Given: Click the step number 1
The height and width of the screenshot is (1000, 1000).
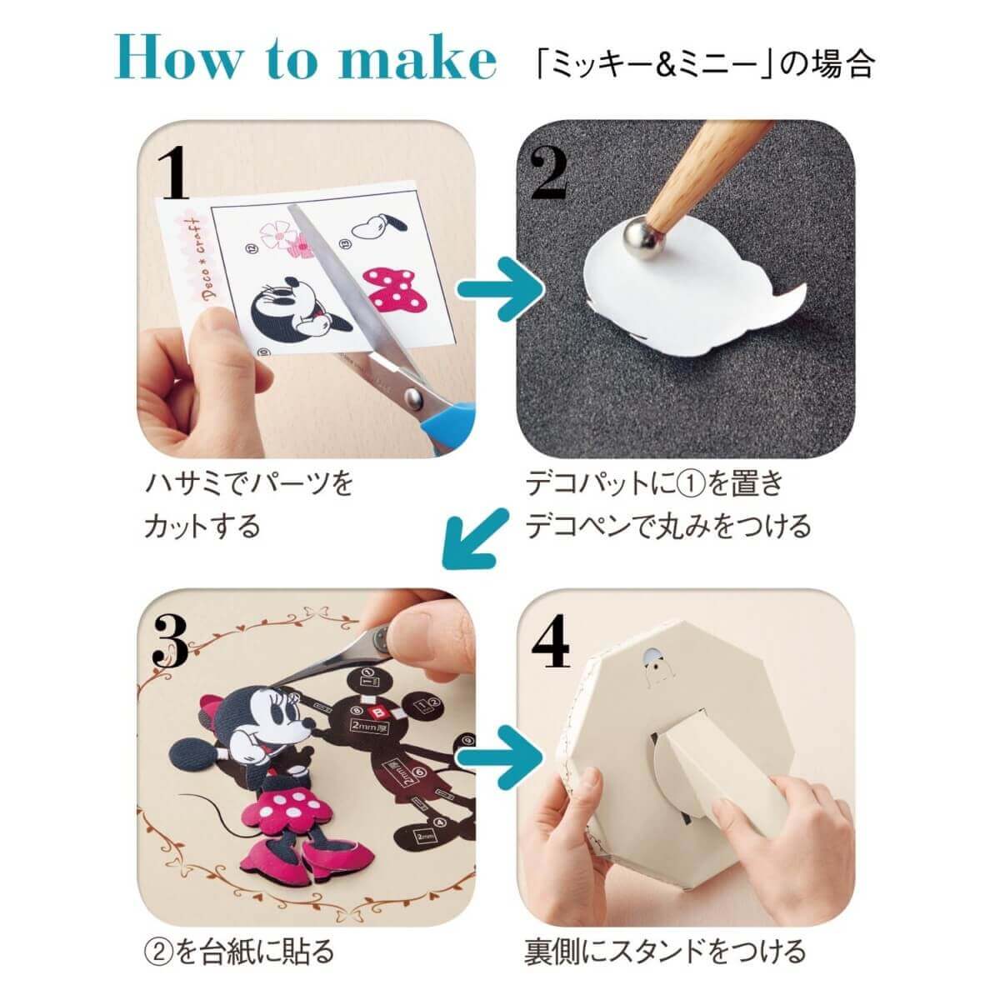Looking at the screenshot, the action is pyautogui.click(x=177, y=175).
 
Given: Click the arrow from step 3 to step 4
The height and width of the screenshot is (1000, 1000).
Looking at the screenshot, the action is pyautogui.click(x=501, y=759).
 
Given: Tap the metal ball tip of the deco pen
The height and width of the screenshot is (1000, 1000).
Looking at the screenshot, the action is pyautogui.click(x=642, y=233).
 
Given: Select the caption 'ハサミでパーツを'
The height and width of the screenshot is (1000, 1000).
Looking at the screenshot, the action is pyautogui.click(x=250, y=484).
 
